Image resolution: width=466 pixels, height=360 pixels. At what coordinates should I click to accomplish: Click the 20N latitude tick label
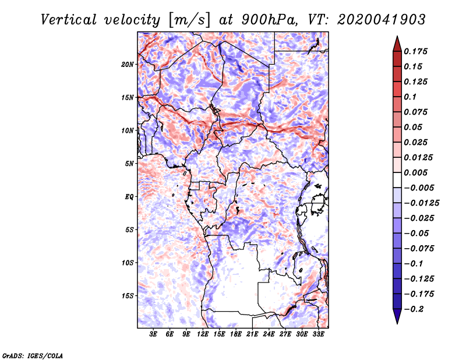[128, 64]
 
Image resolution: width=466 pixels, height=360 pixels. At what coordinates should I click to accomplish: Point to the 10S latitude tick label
[128, 263]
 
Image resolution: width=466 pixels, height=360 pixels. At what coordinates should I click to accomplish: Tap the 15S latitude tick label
[128, 296]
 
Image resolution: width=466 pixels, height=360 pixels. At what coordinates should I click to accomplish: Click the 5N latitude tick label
[129, 164]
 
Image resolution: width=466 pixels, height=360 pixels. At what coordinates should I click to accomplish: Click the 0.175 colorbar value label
[417, 51]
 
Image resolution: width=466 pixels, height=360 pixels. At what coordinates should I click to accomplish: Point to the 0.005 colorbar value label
[417, 172]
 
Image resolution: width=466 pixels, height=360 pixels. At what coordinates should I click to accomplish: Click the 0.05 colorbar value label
[414, 127]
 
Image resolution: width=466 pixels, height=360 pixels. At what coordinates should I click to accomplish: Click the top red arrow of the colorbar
[396, 43]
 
